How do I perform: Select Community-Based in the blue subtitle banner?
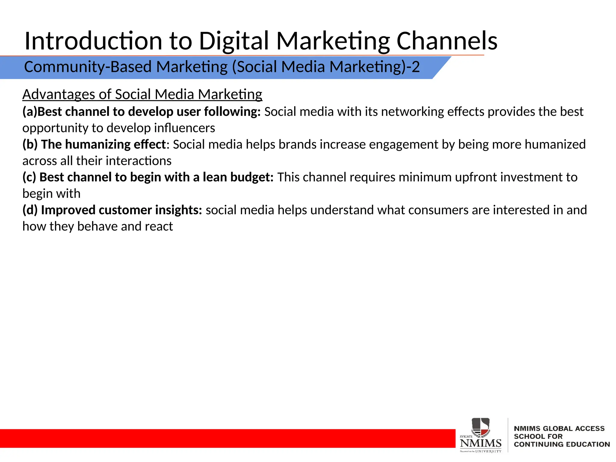[88, 67]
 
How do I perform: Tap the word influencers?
[184, 128]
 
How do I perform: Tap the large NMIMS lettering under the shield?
[480, 443]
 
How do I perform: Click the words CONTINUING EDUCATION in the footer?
[562, 444]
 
